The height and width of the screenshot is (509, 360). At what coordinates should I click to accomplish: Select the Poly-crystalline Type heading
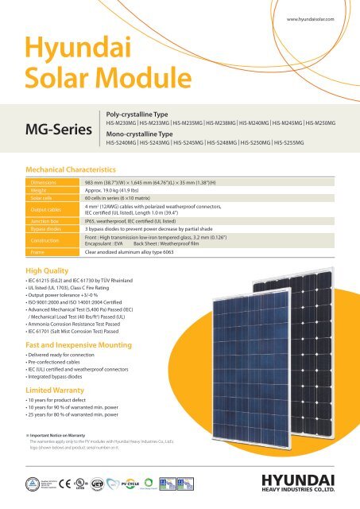[x=138, y=115]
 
